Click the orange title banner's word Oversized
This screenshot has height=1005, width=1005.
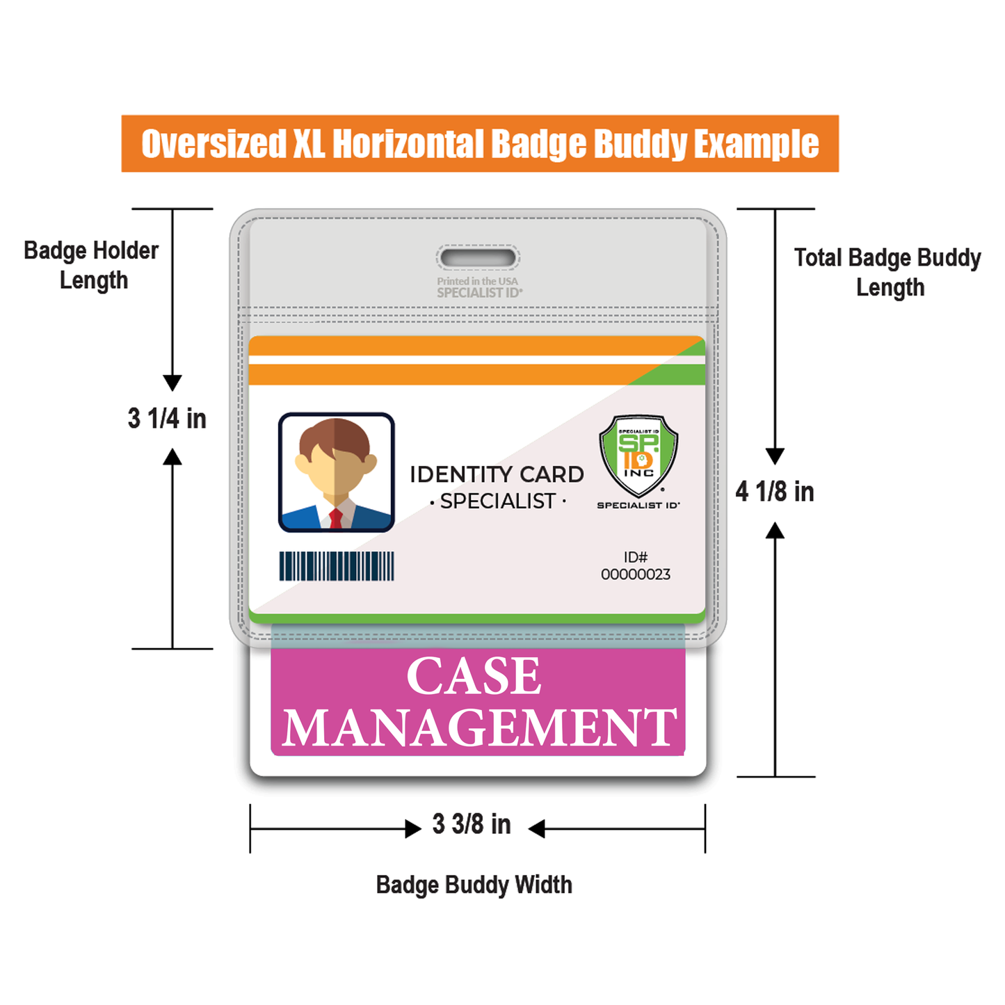pos(214,144)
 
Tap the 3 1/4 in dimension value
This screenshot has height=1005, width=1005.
pos(167,419)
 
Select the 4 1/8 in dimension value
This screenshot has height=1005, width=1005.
pos(775,492)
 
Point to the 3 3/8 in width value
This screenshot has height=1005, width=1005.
pos(472,824)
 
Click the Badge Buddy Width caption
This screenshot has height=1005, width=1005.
pos(474,885)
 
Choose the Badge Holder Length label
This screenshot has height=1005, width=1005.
pos(92,265)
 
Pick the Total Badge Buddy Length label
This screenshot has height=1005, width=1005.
pos(887,272)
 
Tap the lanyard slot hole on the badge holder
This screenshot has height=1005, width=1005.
pos(479,258)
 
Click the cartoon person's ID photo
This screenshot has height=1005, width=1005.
pos(337,472)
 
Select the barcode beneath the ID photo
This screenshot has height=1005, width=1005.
pos(337,566)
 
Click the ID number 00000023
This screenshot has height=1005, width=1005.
pos(636,574)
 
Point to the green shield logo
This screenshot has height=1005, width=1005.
pos(638,454)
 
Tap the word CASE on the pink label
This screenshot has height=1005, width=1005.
pos(474,675)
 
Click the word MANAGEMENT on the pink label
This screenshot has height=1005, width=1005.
pos(479,727)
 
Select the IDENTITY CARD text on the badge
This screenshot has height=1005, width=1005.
pos(497,474)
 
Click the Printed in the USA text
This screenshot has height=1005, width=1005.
pos(477,281)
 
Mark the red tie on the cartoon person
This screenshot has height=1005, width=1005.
pos(336,519)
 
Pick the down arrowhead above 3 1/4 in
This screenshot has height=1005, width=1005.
pos(172,383)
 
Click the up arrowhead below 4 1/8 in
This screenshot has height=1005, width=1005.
pos(775,531)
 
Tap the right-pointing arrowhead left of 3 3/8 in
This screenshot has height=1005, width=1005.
pos(413,828)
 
